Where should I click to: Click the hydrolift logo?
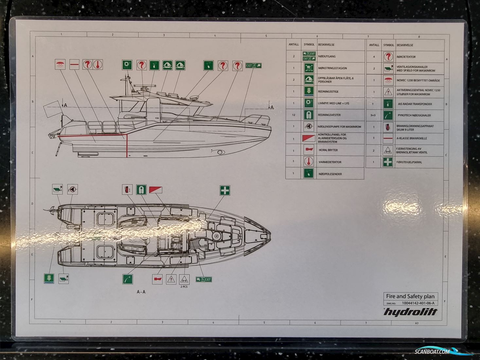(x=410, y=312)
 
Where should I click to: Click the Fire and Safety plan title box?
(x=410, y=296)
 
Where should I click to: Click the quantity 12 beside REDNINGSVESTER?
(x=293, y=115)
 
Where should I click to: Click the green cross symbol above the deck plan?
(x=224, y=190)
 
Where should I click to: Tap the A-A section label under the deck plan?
(x=141, y=292)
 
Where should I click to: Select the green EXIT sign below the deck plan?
(x=204, y=279)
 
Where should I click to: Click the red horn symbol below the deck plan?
(x=157, y=279)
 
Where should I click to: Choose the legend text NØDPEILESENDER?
(x=330, y=174)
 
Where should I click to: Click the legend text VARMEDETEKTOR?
(x=330, y=162)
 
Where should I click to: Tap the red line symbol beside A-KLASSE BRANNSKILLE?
(x=388, y=138)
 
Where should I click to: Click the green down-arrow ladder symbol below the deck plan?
(x=49, y=279)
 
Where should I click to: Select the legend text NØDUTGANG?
(x=327, y=57)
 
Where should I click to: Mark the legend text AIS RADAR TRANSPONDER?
(x=415, y=104)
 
